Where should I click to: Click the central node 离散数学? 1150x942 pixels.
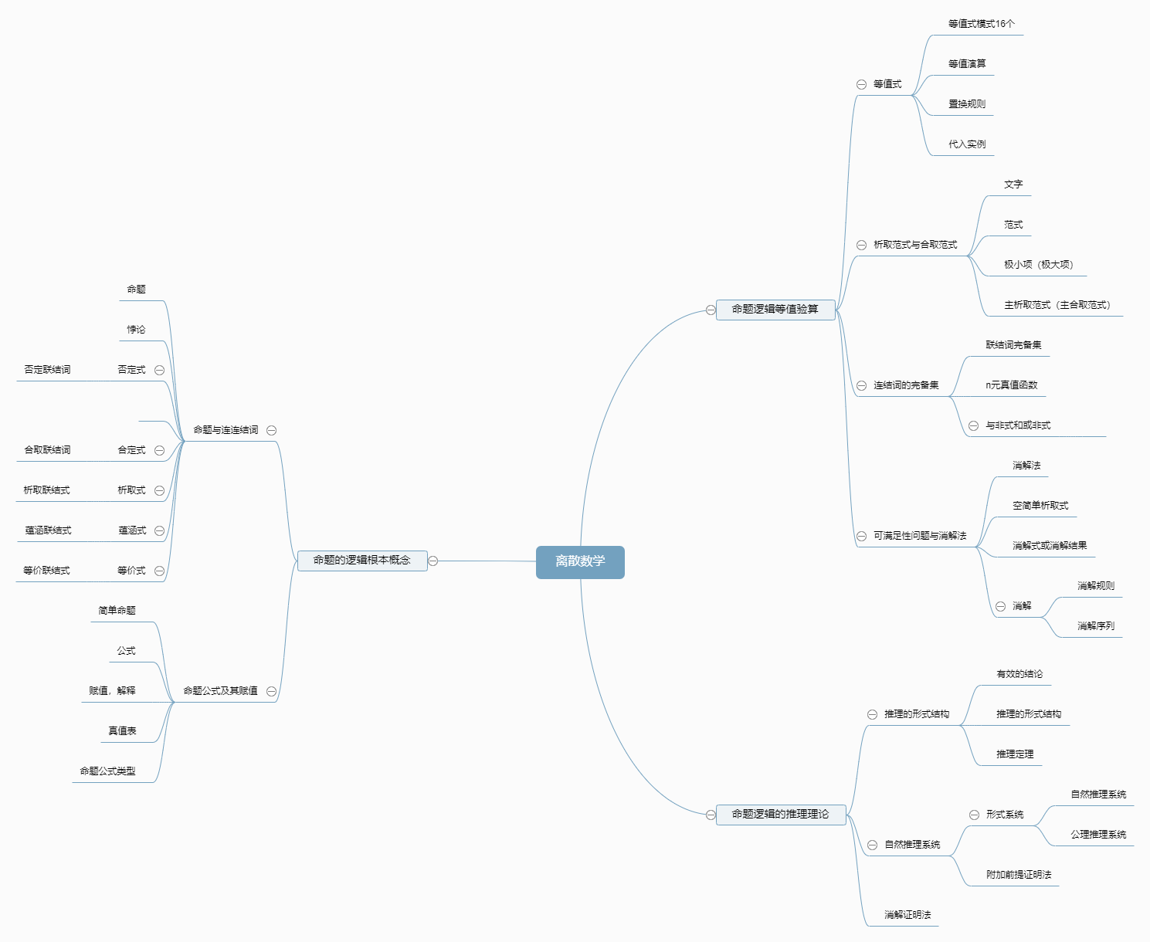[x=580, y=561]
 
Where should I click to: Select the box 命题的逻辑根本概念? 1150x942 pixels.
[x=361, y=561]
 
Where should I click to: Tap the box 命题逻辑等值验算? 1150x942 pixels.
[x=775, y=309]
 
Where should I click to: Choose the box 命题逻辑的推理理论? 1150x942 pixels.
[x=780, y=814]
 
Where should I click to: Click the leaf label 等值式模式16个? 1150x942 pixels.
[x=982, y=24]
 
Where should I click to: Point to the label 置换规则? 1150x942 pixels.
[x=967, y=104]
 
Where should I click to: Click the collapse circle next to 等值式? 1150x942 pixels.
[x=861, y=84]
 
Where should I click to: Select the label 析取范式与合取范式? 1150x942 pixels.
[x=915, y=245]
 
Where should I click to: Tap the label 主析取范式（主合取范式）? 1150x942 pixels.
[x=1057, y=305]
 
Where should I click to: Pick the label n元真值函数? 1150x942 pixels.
[x=1012, y=385]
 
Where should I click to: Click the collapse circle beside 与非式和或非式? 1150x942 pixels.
[x=974, y=425]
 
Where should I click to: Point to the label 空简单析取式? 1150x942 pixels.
[x=1040, y=506]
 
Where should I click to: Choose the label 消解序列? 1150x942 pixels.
[x=1096, y=626]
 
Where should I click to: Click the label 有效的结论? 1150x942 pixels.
[x=1019, y=674]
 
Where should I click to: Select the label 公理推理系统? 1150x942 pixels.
[x=1098, y=835]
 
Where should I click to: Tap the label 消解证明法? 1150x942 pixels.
[x=907, y=915]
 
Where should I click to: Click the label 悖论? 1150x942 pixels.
[x=137, y=330]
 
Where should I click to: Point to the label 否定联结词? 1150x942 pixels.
[x=47, y=370]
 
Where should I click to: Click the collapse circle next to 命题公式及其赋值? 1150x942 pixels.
[x=271, y=691]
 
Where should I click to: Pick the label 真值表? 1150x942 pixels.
[x=122, y=731]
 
